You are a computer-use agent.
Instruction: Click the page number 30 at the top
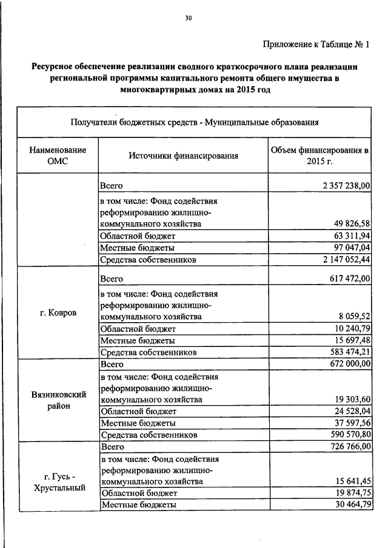188,19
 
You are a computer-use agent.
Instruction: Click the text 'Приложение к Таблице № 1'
316,44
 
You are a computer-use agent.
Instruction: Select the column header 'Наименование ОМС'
58,156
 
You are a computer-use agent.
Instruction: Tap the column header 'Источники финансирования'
183,156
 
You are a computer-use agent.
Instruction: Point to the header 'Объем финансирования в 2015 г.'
319,156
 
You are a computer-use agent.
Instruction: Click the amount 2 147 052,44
343,260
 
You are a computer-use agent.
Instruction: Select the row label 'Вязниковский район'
58,400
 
